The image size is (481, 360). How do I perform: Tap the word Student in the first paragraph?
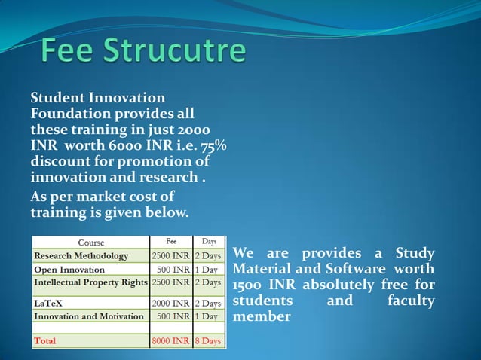tap(57, 99)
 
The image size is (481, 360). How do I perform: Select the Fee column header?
tap(171, 243)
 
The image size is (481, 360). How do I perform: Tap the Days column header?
tap(209, 243)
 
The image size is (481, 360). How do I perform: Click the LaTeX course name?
tap(51, 303)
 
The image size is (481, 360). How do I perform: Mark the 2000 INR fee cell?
tap(171, 303)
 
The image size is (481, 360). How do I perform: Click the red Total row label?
tap(45, 341)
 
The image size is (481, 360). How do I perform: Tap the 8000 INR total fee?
tap(171, 341)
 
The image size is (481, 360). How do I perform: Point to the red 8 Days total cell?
tap(208, 341)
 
